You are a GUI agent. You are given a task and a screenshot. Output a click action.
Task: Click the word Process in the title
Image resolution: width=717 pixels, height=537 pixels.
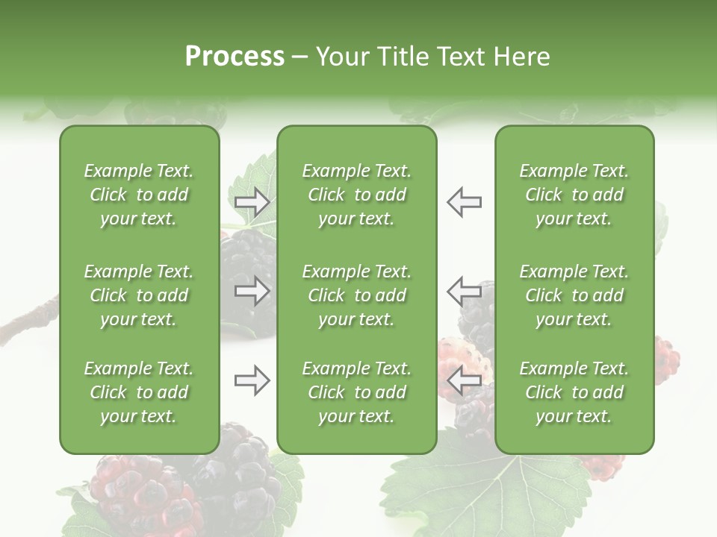(x=235, y=57)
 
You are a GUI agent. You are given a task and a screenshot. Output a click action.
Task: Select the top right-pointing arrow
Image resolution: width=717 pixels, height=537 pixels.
(x=252, y=202)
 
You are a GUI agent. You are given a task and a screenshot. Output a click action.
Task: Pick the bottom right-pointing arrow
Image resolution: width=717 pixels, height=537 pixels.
(x=252, y=380)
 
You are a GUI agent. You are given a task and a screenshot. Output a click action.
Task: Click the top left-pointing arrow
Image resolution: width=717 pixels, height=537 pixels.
(x=464, y=202)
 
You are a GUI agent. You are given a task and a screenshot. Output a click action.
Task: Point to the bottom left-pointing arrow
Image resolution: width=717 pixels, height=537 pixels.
(x=464, y=380)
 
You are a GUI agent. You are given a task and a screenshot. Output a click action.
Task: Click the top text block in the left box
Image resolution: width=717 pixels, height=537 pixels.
(x=139, y=195)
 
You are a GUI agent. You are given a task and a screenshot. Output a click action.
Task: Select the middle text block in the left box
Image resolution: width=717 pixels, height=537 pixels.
(x=139, y=295)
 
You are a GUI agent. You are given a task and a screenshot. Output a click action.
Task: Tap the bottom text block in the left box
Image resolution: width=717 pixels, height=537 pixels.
(x=139, y=392)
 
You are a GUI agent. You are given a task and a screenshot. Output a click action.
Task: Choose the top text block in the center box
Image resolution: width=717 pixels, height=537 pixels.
(x=356, y=195)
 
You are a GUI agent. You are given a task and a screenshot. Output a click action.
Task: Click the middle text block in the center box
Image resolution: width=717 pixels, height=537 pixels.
(x=356, y=295)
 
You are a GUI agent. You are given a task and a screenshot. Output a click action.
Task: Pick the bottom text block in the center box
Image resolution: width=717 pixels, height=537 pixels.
(x=356, y=392)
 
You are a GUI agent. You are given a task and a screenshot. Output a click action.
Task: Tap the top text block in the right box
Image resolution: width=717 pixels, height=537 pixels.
(x=574, y=195)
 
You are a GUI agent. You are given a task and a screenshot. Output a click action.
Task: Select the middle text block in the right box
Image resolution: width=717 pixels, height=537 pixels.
(x=574, y=295)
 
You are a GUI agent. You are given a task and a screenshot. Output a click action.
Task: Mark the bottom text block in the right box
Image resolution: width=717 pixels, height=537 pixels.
(x=574, y=392)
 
